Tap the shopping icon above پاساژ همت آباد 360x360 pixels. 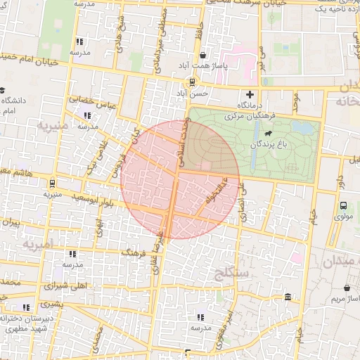click(x=203, y=55)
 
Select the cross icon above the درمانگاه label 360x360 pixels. click(x=249, y=95)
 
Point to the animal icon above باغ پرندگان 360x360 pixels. click(x=269, y=133)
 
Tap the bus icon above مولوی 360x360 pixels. click(x=343, y=206)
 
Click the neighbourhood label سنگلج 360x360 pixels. click(x=231, y=269)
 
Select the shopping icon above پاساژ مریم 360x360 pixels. click(x=347, y=288)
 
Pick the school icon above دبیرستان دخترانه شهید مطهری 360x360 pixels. click(x=27, y=307)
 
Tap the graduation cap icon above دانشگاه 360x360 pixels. click(x=4, y=90)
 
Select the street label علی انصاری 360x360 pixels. click(x=243, y=202)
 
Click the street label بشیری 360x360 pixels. click(x=49, y=304)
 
